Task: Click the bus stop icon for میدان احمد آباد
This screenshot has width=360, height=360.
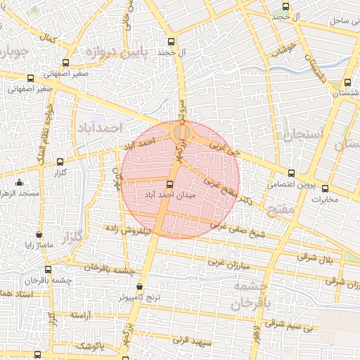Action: coord(169,184)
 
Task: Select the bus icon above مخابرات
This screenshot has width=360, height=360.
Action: coord(325,188)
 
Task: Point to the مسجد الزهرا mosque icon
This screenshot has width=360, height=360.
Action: coord(19,183)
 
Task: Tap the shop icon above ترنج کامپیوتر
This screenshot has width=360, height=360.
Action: coord(139,287)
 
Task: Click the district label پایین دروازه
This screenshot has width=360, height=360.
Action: coord(117,53)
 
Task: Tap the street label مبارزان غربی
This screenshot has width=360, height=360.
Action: coord(228,264)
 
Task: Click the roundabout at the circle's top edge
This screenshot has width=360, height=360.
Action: coord(181,131)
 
